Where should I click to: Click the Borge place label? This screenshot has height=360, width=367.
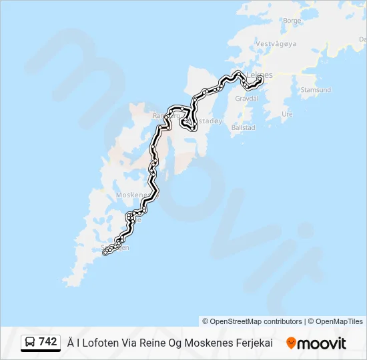pos(292,21)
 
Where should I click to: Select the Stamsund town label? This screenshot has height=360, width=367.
pos(316,89)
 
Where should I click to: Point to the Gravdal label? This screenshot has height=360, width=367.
pos(246,98)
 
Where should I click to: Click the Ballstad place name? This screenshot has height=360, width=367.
pos(242,127)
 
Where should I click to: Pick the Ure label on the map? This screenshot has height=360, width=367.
pos(288,114)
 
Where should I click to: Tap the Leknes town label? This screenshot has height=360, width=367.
pos(260,75)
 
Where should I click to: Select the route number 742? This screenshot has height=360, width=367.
pos(47,342)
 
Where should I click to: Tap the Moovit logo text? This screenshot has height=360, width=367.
pos(321,343)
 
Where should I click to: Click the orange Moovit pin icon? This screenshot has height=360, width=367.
pos(291,343)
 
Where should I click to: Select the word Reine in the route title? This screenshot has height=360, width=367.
pos(148,343)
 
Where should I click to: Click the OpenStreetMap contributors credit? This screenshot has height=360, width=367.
pos(252,321)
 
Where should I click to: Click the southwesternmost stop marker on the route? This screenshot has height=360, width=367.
pos(105,253)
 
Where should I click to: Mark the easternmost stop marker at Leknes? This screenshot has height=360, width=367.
pos(260,80)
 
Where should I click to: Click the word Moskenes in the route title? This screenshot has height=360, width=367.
pos(203,343)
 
